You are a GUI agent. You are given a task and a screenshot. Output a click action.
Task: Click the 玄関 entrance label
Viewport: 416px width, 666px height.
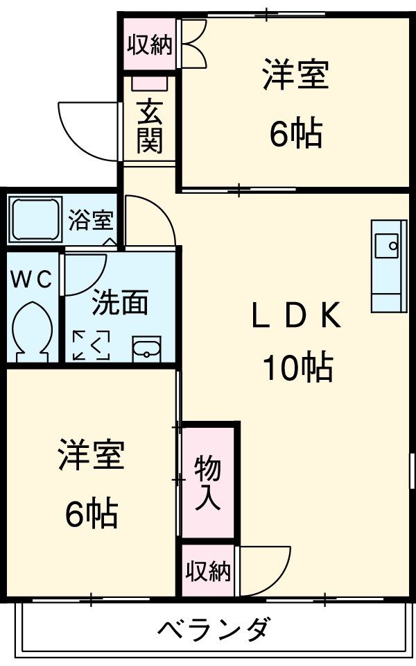[x=149, y=126]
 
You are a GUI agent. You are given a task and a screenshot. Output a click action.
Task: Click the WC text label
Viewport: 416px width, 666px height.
[x=31, y=280]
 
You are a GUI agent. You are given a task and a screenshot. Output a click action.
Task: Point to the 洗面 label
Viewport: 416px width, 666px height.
[x=121, y=302]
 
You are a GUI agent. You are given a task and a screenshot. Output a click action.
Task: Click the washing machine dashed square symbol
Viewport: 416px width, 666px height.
[x=92, y=345]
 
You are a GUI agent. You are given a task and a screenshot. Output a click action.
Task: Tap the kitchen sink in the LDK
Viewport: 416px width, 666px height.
[x=388, y=247]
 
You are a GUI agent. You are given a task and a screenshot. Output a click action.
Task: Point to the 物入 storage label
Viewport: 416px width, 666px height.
[x=207, y=483]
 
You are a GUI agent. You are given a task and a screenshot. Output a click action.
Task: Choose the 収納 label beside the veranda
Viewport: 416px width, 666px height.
[x=207, y=571]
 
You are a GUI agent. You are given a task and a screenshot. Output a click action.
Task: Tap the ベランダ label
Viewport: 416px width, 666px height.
[x=212, y=631]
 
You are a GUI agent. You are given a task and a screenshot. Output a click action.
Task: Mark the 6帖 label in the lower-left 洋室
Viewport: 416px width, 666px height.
[x=92, y=514]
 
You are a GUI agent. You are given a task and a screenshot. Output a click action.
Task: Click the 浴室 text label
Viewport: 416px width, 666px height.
[x=91, y=221]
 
